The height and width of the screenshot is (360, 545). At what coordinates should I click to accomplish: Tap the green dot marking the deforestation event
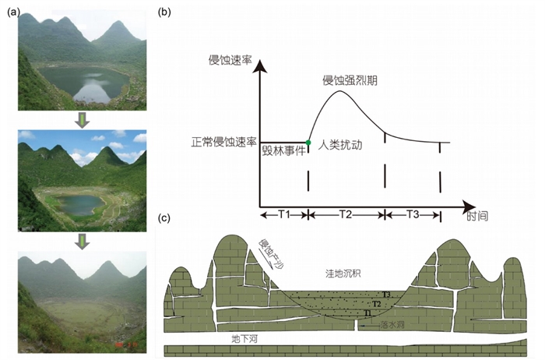pos(308,143)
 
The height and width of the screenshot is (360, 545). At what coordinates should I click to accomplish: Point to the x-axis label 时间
pos(477,215)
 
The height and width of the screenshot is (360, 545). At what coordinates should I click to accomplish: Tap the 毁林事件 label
pos(283,152)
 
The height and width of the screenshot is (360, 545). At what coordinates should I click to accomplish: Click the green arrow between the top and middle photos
pos(81,119)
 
